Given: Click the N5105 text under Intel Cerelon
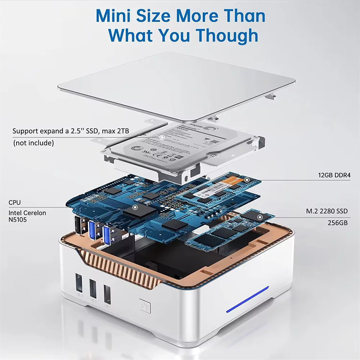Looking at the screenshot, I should coord(18,220).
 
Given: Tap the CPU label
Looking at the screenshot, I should coord(15,203).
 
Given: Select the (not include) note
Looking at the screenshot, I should coord(33,143).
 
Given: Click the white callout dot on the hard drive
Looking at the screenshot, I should coord(162,137).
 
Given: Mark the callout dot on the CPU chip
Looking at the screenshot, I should coord(135,207).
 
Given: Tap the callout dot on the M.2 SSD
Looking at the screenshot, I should coord(259,217).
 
